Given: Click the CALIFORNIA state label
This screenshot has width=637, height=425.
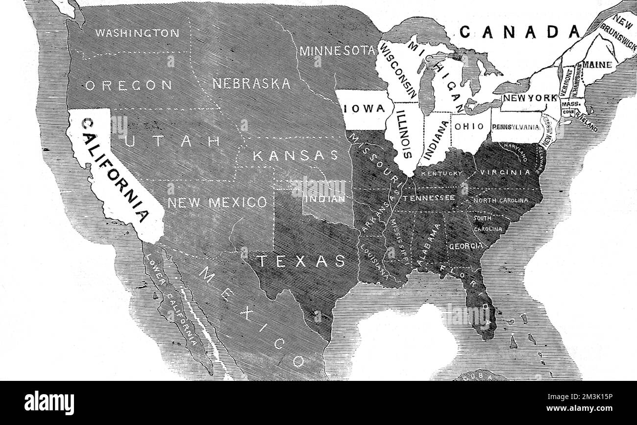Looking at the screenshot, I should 116,169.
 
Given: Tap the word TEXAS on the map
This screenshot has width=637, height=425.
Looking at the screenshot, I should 301,261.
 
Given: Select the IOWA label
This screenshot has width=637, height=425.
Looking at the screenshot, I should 364,109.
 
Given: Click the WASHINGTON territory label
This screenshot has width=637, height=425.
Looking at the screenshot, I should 137,33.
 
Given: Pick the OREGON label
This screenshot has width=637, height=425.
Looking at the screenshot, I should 129,85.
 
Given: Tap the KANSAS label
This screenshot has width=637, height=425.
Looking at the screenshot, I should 295,155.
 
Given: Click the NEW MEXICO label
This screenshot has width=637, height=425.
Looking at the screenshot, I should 218,202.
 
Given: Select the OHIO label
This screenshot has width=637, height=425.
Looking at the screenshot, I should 469,126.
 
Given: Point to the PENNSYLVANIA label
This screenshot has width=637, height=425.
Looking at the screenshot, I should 516,127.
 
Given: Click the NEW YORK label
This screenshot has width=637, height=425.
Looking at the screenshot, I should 531,98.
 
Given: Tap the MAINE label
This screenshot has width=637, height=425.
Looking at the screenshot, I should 597,65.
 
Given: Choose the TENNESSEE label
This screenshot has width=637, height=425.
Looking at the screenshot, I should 429,198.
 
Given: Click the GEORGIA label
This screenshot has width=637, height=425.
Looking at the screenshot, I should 465,246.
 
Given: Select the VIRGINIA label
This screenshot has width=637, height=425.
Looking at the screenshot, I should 505,173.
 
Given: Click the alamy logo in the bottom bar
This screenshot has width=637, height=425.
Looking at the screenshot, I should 49,403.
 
